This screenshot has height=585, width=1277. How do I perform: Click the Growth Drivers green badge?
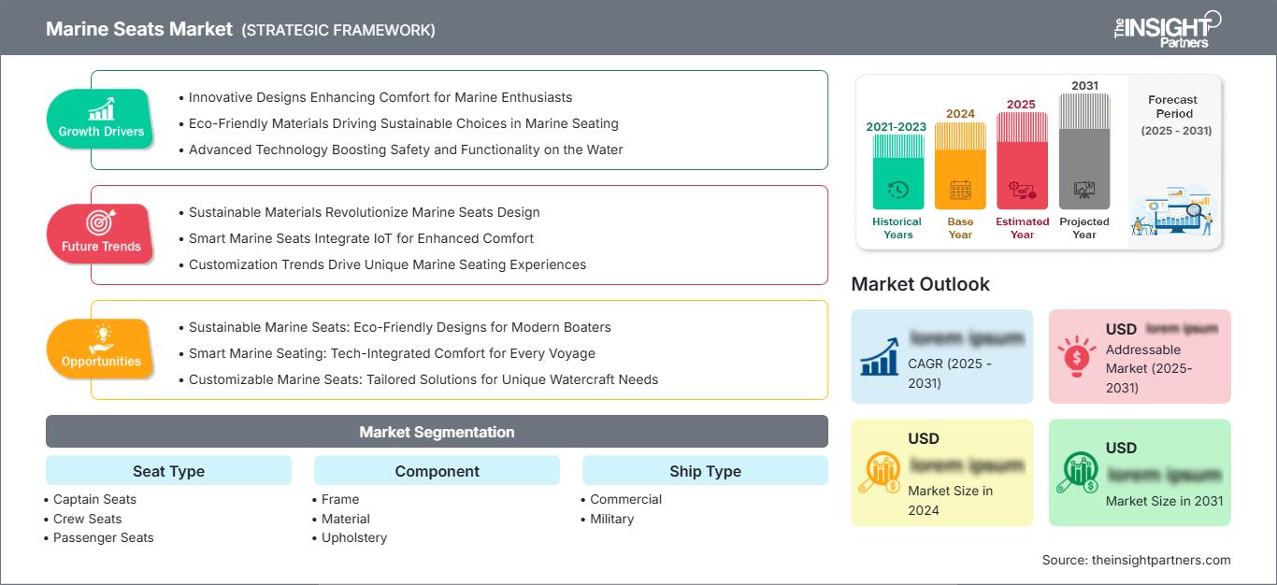(100, 119)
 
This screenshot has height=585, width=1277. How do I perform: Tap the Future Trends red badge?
(100, 234)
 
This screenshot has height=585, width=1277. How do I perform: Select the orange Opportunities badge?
(100, 349)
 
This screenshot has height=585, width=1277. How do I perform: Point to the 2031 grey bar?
(1084, 150)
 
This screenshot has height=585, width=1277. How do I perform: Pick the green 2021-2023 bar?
(897, 171)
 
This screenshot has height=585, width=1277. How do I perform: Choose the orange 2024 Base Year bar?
(960, 165)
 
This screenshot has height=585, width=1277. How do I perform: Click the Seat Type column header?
(168, 471)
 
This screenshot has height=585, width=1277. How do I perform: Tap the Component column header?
(437, 471)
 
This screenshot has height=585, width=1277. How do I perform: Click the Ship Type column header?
(705, 471)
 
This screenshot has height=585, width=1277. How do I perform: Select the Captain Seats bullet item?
(94, 499)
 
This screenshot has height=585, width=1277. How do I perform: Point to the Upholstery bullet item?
(354, 537)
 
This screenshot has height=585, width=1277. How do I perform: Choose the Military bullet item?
(611, 519)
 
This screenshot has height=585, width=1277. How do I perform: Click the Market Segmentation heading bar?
(437, 432)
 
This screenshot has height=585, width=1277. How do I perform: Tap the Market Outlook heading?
(920, 284)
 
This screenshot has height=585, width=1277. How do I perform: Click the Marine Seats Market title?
(139, 29)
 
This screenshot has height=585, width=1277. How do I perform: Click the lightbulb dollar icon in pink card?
(1076, 355)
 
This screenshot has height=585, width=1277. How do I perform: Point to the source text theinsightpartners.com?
(1137, 560)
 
